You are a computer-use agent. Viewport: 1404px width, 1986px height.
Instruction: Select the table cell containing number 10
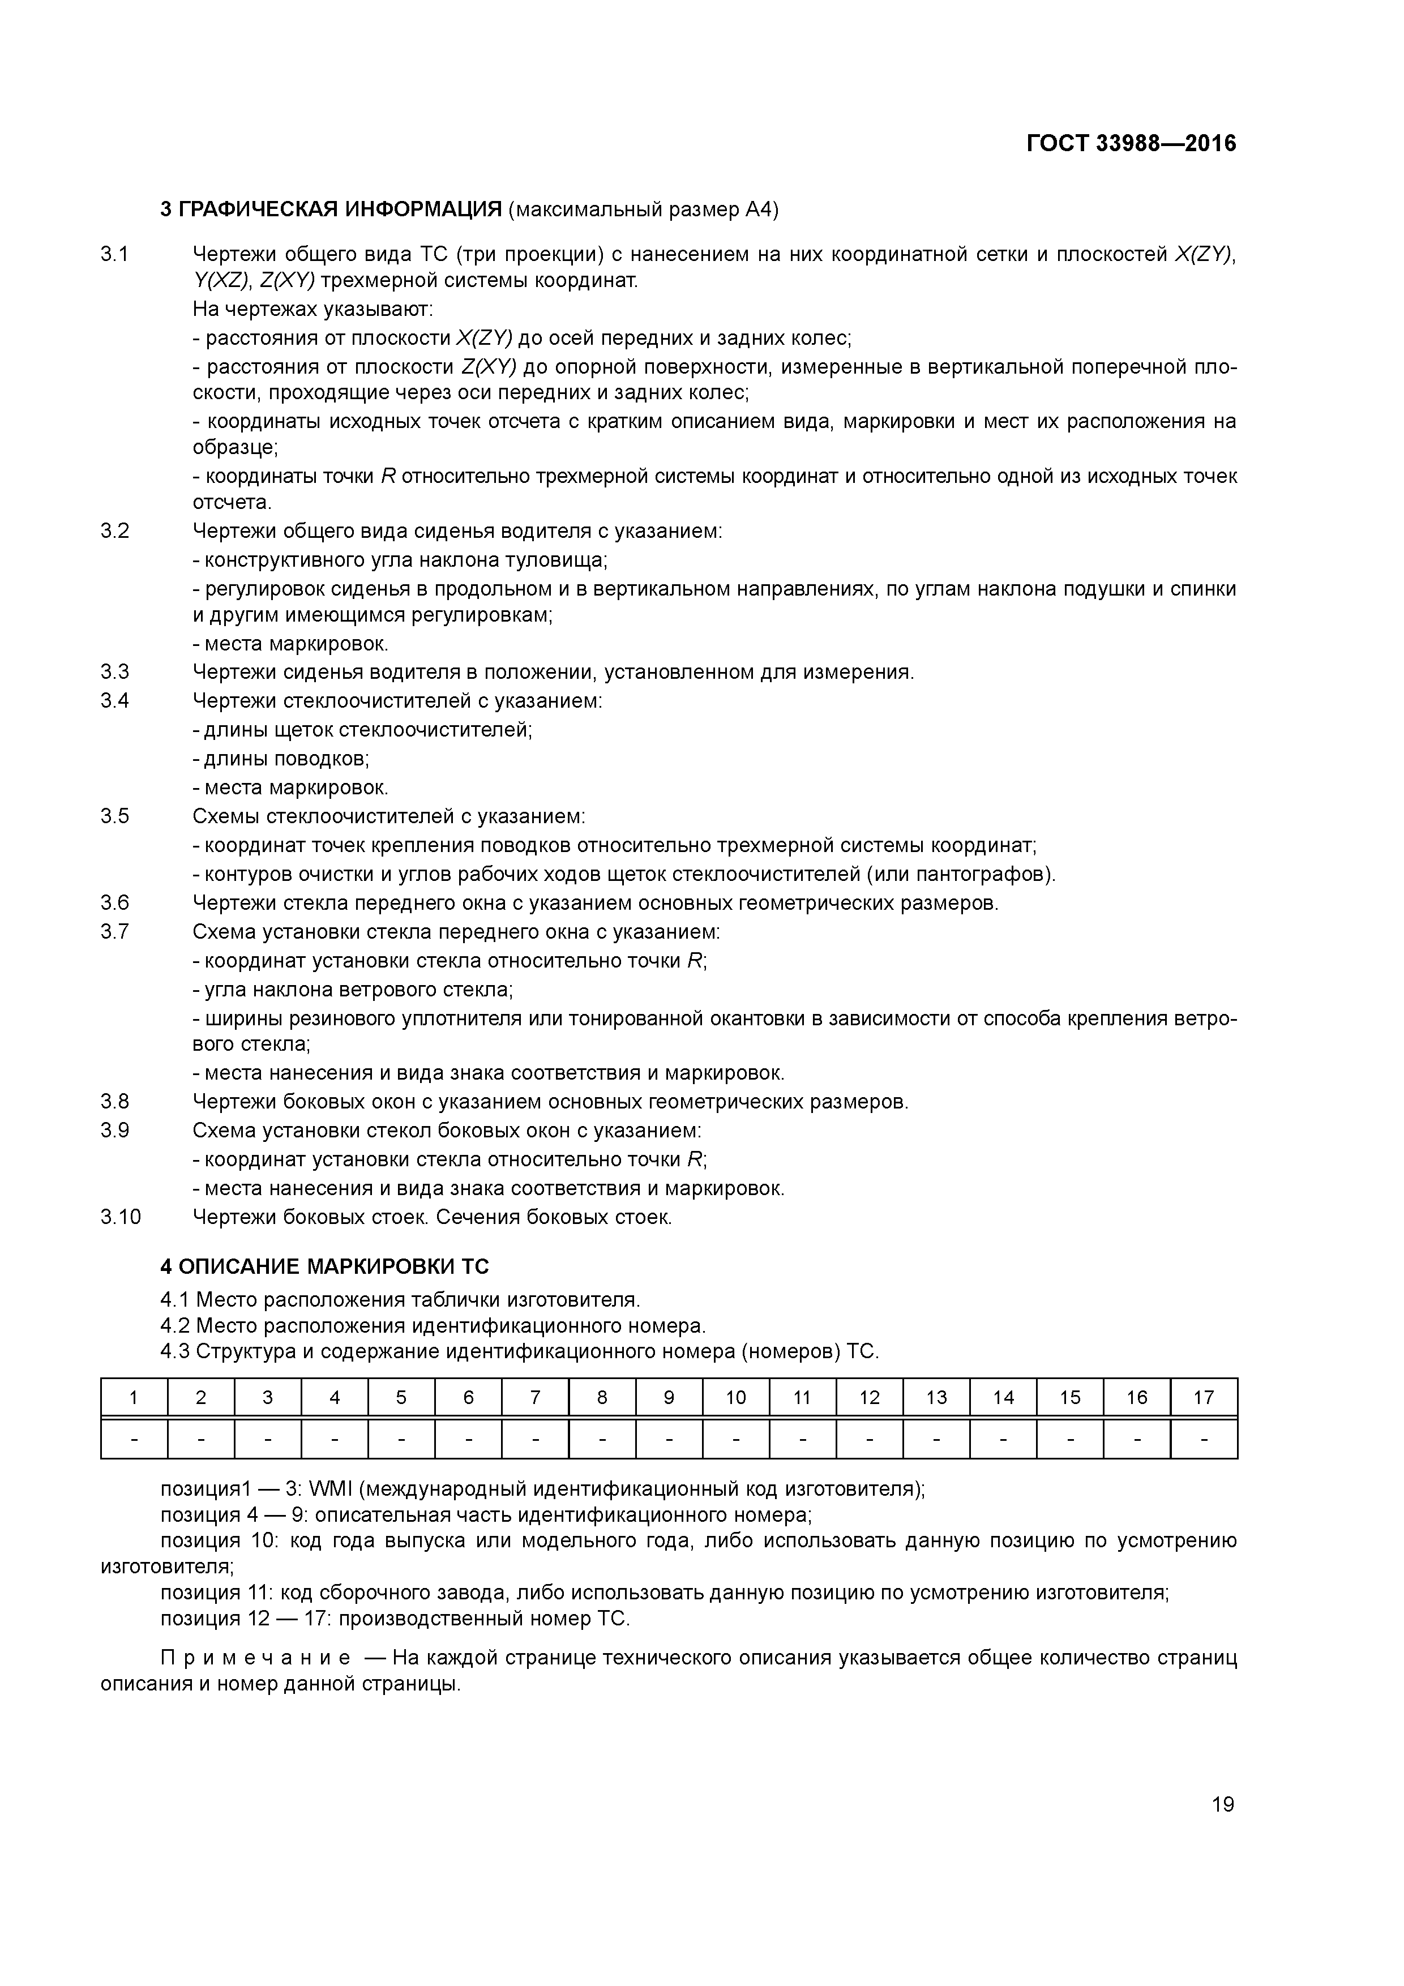[x=735, y=1397]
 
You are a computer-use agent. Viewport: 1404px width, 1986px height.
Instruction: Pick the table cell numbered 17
[x=1203, y=1397]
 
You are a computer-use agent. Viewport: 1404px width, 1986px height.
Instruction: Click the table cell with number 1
[x=134, y=1397]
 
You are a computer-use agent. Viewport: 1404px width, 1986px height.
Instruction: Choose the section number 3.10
[x=120, y=1217]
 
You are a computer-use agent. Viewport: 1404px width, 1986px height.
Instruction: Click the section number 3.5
[x=115, y=816]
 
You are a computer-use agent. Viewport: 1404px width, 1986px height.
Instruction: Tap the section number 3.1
[x=115, y=254]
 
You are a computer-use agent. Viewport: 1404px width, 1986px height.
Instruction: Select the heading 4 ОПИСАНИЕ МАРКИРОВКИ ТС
[x=324, y=1266]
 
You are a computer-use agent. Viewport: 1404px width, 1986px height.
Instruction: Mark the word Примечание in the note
[x=256, y=1658]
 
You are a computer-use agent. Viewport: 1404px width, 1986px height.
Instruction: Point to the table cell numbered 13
[x=936, y=1397]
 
